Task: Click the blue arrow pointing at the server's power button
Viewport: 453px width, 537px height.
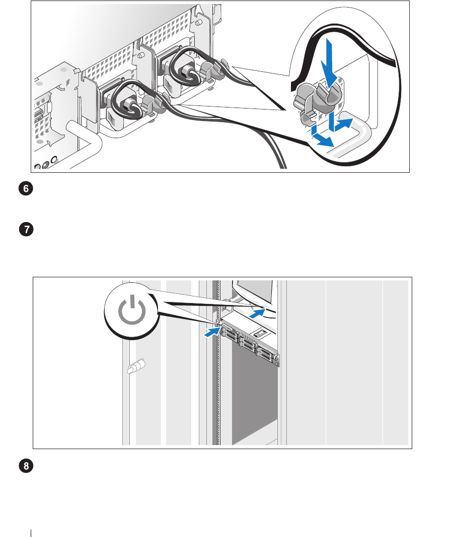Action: coord(212,332)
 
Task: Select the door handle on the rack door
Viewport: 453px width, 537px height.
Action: coord(135,368)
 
